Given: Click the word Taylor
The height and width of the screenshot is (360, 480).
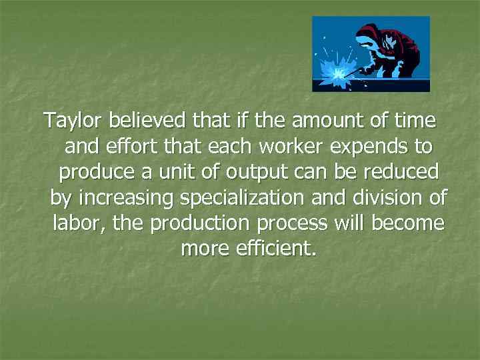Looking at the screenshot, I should pos(74,122).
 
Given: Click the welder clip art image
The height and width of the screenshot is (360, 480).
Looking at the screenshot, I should pos(371,54).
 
